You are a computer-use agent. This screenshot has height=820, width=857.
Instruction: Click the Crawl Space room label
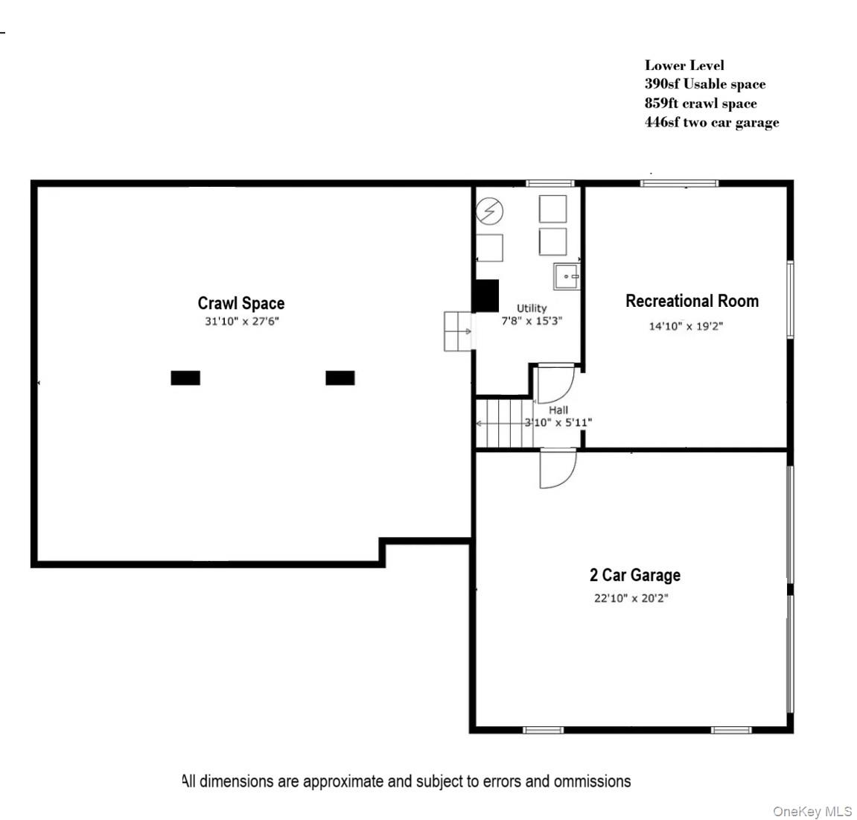240,303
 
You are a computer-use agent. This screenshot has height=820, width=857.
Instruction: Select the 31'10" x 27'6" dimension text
241,322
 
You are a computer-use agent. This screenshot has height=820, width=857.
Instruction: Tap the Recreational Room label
692,301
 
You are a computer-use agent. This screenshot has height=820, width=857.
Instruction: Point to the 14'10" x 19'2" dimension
686,326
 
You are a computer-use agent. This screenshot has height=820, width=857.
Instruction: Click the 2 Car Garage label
634,575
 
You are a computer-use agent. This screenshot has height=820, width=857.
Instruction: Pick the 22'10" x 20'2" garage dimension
631,598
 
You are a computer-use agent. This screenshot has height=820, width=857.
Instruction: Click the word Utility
532,308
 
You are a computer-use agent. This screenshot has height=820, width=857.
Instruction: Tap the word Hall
558,410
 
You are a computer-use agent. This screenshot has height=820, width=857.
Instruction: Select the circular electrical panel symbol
490,212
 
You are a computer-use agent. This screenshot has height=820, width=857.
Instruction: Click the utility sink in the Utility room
566,276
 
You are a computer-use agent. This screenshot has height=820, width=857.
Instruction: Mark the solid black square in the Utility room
486,296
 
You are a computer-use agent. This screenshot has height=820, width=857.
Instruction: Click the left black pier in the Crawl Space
185,378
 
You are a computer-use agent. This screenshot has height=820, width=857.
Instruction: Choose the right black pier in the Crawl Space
340,378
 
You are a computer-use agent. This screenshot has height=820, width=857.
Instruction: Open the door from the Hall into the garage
557,469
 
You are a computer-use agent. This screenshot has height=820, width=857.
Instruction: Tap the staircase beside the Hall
504,423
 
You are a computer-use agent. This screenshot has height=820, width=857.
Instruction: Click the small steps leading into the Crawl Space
458,331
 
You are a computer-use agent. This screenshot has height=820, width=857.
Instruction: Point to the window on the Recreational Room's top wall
679,183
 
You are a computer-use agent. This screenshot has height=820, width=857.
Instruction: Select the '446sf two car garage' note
712,123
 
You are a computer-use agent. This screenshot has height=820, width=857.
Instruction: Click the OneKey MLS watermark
812,811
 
